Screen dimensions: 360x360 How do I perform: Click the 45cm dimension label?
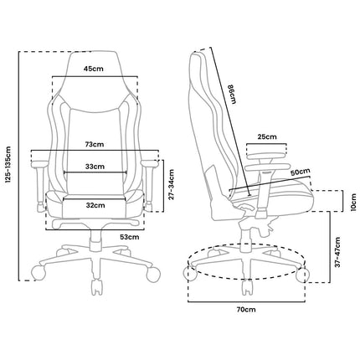[x=94, y=69]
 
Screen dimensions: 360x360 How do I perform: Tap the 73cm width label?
[x=95, y=144]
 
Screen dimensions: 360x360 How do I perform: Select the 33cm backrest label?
[x=95, y=167]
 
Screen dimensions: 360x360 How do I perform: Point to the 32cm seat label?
[x=95, y=205]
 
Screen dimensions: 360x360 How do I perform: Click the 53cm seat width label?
[x=130, y=237]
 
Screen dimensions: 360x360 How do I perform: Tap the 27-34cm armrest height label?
[x=171, y=184]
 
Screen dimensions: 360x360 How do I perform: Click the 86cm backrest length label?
[x=232, y=94]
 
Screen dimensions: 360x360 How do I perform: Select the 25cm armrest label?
[x=267, y=136]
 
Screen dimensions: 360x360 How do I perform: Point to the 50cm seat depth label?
[x=301, y=172]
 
